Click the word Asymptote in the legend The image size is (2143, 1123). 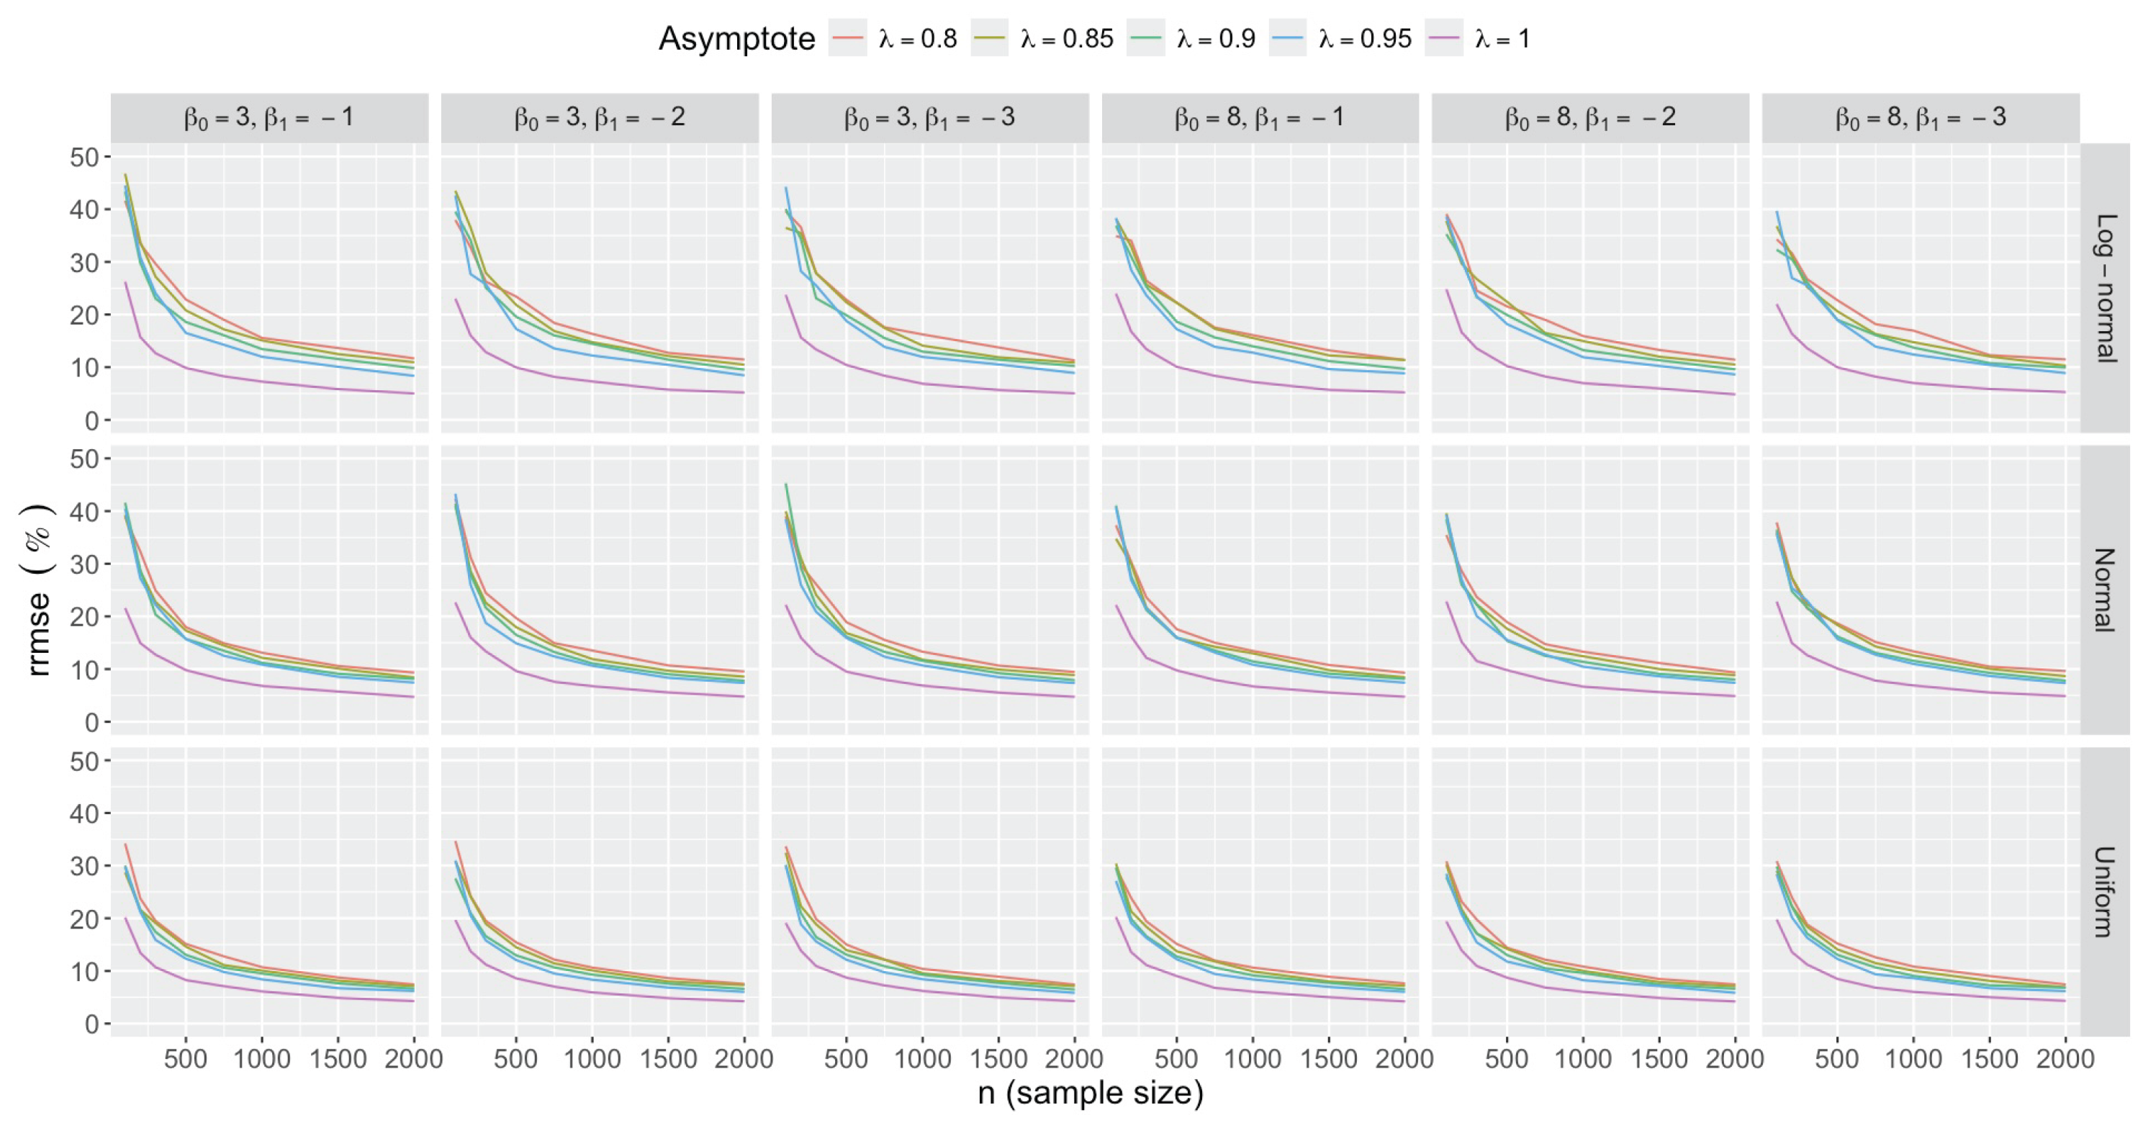pos(736,38)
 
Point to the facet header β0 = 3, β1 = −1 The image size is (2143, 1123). pos(269,118)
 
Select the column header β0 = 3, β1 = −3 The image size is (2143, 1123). pos(929,118)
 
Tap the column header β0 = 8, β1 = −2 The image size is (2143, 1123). pos(1589,118)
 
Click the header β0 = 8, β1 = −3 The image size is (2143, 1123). pos(1920,118)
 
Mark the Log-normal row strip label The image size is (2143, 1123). pos(2106,288)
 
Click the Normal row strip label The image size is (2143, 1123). pos(2106,590)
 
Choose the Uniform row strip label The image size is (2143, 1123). pos(2106,891)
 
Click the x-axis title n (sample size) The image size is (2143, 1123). pos(1090,1093)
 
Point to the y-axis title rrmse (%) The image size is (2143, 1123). pos(38,590)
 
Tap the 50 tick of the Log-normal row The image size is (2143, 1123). pos(84,157)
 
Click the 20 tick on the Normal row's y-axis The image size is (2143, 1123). pos(84,617)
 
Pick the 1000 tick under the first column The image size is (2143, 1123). pos(262,1059)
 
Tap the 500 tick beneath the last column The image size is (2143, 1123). pos(1837,1059)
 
